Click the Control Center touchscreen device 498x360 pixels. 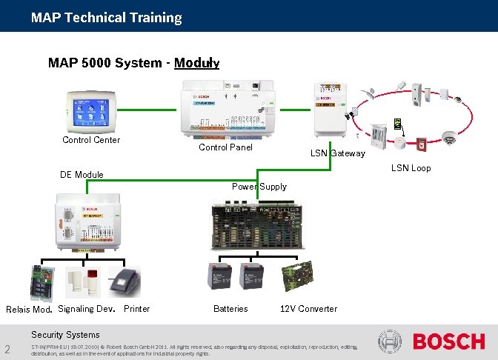(90, 111)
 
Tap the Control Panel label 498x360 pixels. (225, 147)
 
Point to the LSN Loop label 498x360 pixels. (411, 168)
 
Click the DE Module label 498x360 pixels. (82, 175)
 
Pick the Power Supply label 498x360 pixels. (259, 187)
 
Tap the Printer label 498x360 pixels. (137, 309)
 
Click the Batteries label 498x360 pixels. (230, 309)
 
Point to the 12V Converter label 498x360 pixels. (308, 309)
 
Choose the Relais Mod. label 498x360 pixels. (29, 310)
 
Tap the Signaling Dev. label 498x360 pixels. (86, 309)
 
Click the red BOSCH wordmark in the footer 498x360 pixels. (448, 342)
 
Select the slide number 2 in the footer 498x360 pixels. (7, 350)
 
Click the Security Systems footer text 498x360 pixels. (65, 335)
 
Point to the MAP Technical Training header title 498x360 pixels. (106, 17)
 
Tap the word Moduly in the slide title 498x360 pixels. (196, 63)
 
